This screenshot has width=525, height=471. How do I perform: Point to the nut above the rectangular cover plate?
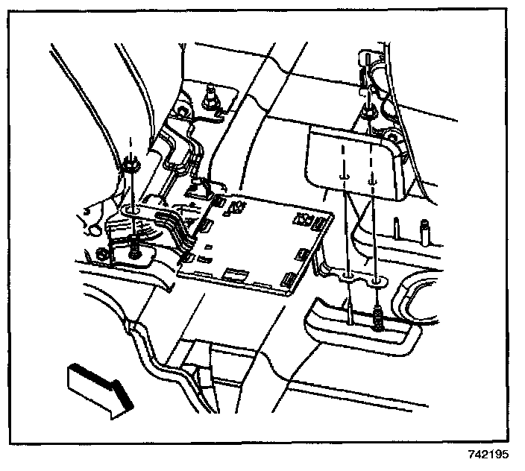point(368,113)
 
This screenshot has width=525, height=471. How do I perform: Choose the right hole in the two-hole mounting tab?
point(377,282)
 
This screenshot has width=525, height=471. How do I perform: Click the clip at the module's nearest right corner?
point(286,282)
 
